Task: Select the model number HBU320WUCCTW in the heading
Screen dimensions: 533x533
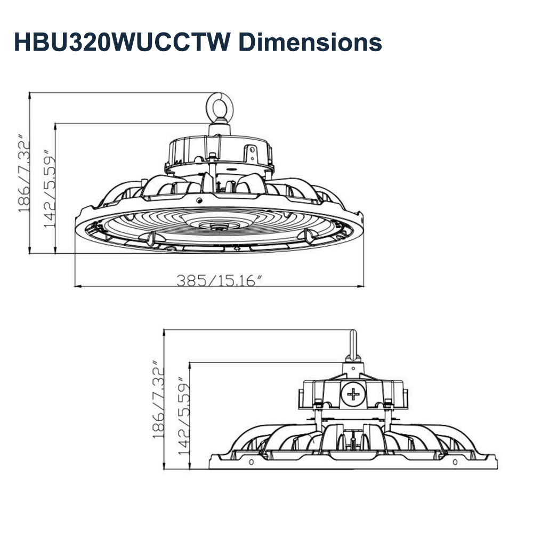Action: tap(116, 42)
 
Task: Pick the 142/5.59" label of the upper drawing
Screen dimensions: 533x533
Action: tap(50, 189)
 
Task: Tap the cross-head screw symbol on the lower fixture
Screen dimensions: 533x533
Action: tap(353, 395)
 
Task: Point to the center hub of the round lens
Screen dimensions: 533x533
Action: tap(217, 227)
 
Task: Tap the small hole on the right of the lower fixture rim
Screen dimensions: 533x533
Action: tap(455, 461)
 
